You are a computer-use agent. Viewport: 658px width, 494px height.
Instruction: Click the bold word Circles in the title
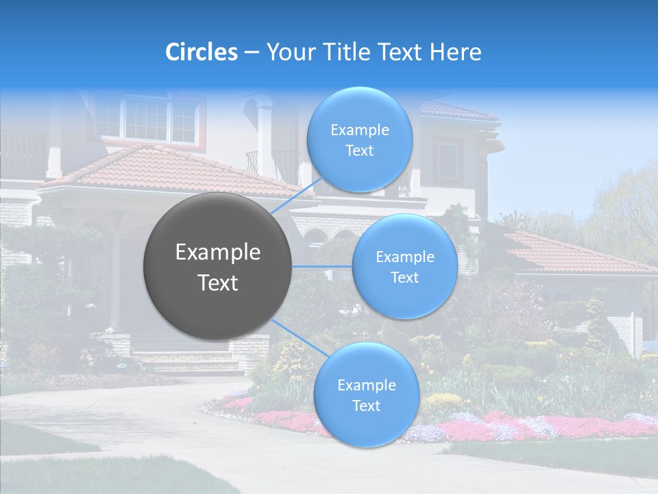click(x=202, y=51)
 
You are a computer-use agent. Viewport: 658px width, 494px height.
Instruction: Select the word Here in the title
click(x=456, y=51)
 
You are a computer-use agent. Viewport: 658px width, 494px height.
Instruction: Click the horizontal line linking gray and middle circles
click(x=321, y=266)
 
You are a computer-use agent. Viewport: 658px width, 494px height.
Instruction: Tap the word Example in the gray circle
click(x=217, y=252)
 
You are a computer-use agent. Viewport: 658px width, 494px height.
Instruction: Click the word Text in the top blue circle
click(x=359, y=151)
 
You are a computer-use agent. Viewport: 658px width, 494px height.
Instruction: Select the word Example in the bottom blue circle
click(x=366, y=385)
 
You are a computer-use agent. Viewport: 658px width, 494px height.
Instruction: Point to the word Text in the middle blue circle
click(x=404, y=278)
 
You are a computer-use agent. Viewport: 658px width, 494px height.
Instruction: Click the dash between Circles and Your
click(x=251, y=51)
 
